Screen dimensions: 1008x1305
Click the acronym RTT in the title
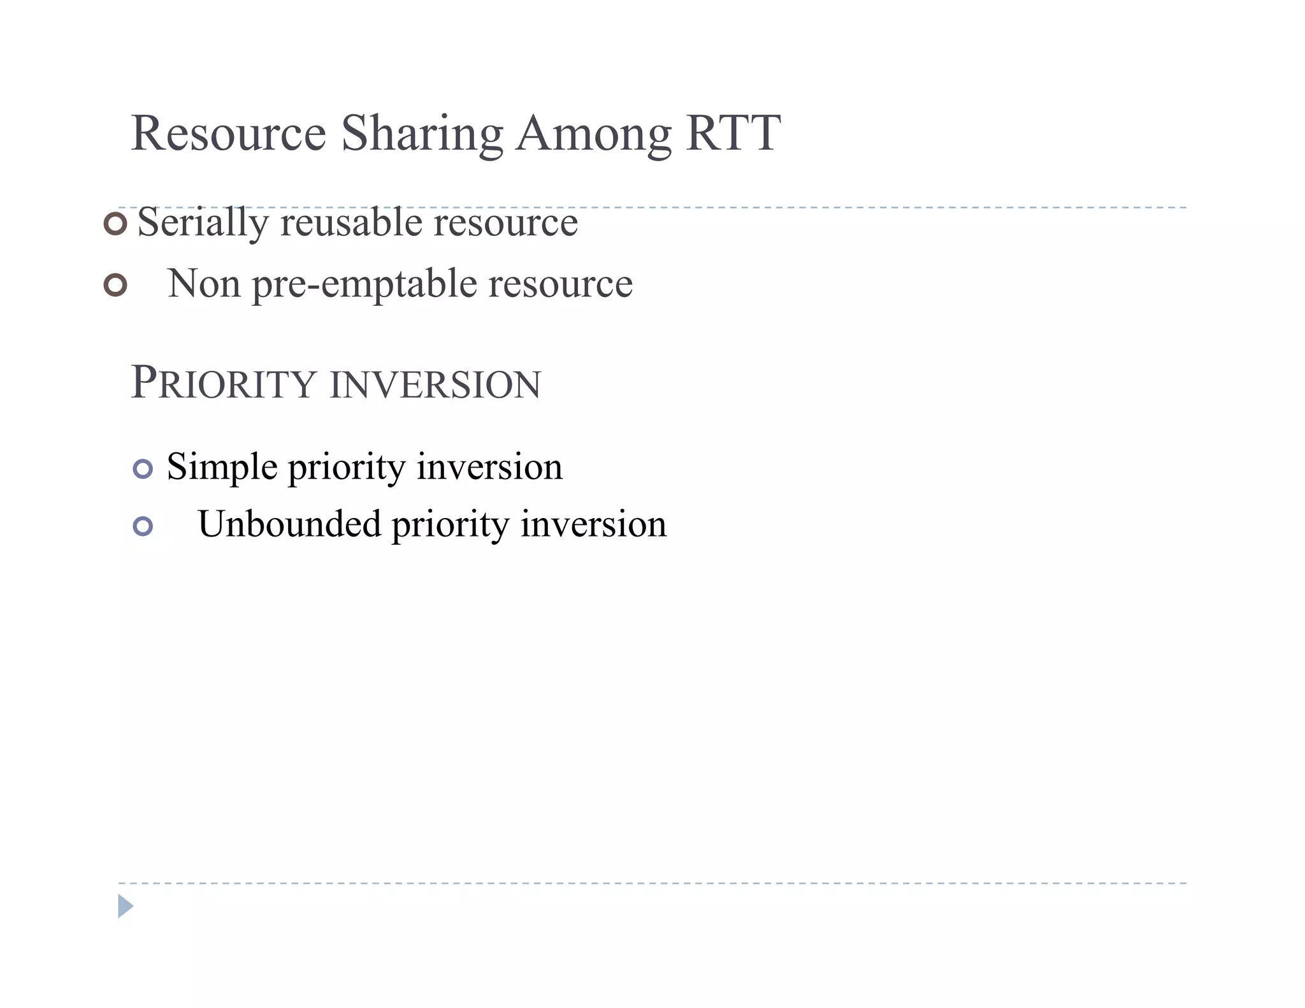pyautogui.click(x=733, y=133)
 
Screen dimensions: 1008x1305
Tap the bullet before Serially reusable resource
pyautogui.click(x=115, y=224)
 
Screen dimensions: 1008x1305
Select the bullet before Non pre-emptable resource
pyautogui.click(x=115, y=285)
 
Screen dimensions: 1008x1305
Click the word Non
pyautogui.click(x=204, y=284)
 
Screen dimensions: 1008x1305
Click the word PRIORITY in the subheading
pyautogui.click(x=223, y=384)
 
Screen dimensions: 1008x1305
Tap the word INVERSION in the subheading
pyautogui.click(x=435, y=385)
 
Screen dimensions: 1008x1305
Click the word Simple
pyautogui.click(x=222, y=467)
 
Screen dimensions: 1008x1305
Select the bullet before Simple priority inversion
pyautogui.click(x=143, y=469)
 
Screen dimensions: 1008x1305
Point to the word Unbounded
pyautogui.click(x=289, y=524)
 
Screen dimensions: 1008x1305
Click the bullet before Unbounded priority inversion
pyautogui.click(x=143, y=526)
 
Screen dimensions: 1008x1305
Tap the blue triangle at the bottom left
pyautogui.click(x=125, y=905)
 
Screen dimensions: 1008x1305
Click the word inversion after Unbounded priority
pyautogui.click(x=593, y=524)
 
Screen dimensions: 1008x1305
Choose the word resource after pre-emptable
pyautogui.click(x=561, y=284)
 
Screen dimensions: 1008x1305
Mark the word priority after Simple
pyautogui.click(x=346, y=468)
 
